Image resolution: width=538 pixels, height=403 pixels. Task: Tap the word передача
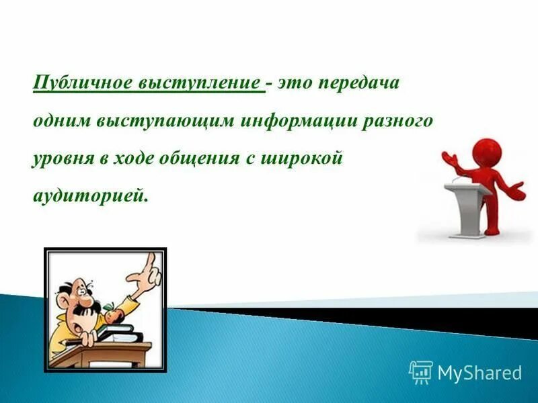360,84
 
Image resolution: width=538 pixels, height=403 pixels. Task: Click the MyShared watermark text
479,373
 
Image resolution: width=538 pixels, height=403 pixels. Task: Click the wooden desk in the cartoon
114,349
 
